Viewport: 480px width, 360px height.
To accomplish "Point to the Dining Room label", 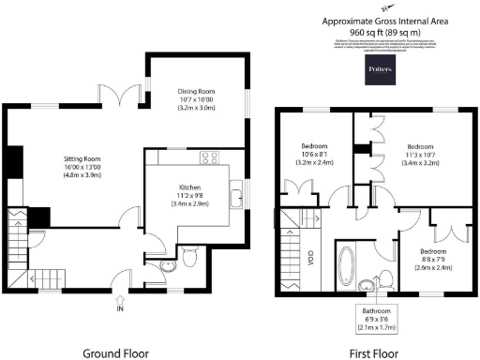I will pyautogui.click(x=198, y=98).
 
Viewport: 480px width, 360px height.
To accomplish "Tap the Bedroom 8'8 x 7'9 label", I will pyautogui.click(x=433, y=259).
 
